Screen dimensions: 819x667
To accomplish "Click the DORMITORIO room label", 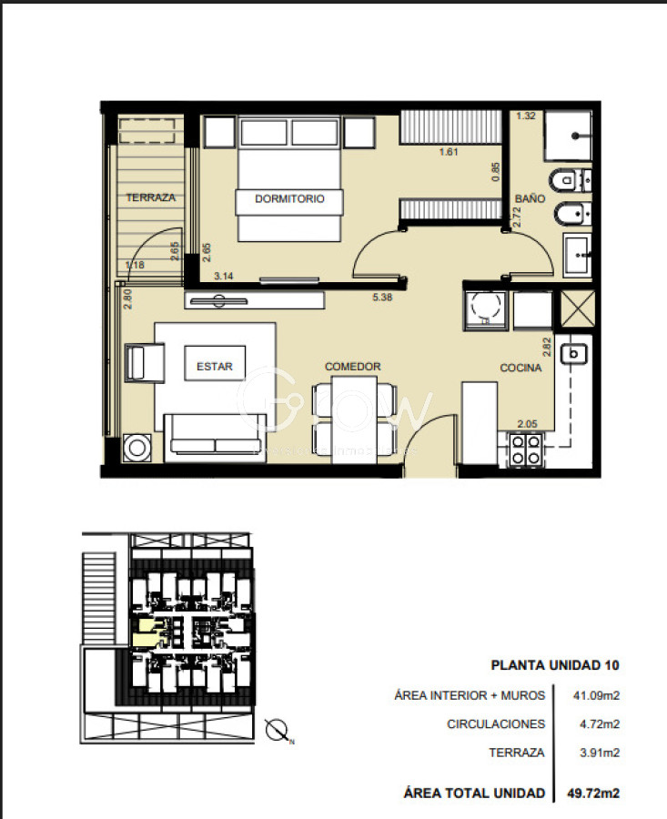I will point(289,199).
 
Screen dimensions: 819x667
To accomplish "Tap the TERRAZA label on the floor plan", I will point(150,197).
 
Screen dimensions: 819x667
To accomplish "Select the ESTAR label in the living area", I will point(215,368).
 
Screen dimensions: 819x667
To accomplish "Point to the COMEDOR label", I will point(353,367).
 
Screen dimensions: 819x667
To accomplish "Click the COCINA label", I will point(520,368).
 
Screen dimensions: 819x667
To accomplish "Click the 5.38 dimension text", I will point(381,296).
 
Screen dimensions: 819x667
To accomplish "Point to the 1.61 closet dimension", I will point(449,152).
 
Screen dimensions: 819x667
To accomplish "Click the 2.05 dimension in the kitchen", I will point(528,424).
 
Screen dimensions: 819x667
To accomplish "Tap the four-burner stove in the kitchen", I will point(524,447).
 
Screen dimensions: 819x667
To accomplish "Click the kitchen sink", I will point(575,353).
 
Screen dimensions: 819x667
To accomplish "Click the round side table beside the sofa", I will point(139,447).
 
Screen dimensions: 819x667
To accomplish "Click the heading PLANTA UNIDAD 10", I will point(555,665).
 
